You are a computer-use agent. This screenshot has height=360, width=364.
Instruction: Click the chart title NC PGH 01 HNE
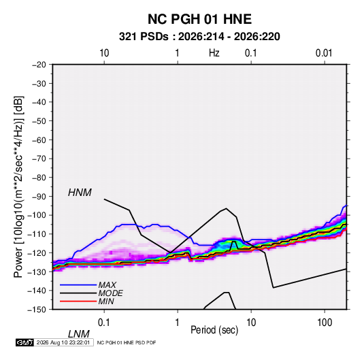199,19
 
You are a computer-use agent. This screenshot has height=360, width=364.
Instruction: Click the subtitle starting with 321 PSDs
199,37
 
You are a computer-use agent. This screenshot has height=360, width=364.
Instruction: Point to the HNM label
80,193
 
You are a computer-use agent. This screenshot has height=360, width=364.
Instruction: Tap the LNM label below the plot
79,334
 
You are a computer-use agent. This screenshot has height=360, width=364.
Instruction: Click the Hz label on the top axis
214,53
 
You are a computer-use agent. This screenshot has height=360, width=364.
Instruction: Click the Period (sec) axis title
214,330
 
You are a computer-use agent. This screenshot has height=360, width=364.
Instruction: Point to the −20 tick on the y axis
39,65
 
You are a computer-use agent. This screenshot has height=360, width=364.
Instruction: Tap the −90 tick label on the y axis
39,197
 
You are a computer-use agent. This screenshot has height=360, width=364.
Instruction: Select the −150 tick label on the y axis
37,310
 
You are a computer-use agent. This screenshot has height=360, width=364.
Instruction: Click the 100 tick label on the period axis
325,323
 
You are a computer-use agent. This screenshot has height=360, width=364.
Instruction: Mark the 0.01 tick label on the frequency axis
324,53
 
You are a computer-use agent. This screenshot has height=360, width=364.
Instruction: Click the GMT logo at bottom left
25,342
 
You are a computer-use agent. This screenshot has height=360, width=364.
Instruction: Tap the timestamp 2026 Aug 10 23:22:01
63,342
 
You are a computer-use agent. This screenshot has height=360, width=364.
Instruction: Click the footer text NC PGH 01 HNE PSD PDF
127,342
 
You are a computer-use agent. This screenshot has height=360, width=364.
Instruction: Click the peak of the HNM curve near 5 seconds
226,208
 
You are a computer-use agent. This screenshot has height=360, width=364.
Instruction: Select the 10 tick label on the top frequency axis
104,53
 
